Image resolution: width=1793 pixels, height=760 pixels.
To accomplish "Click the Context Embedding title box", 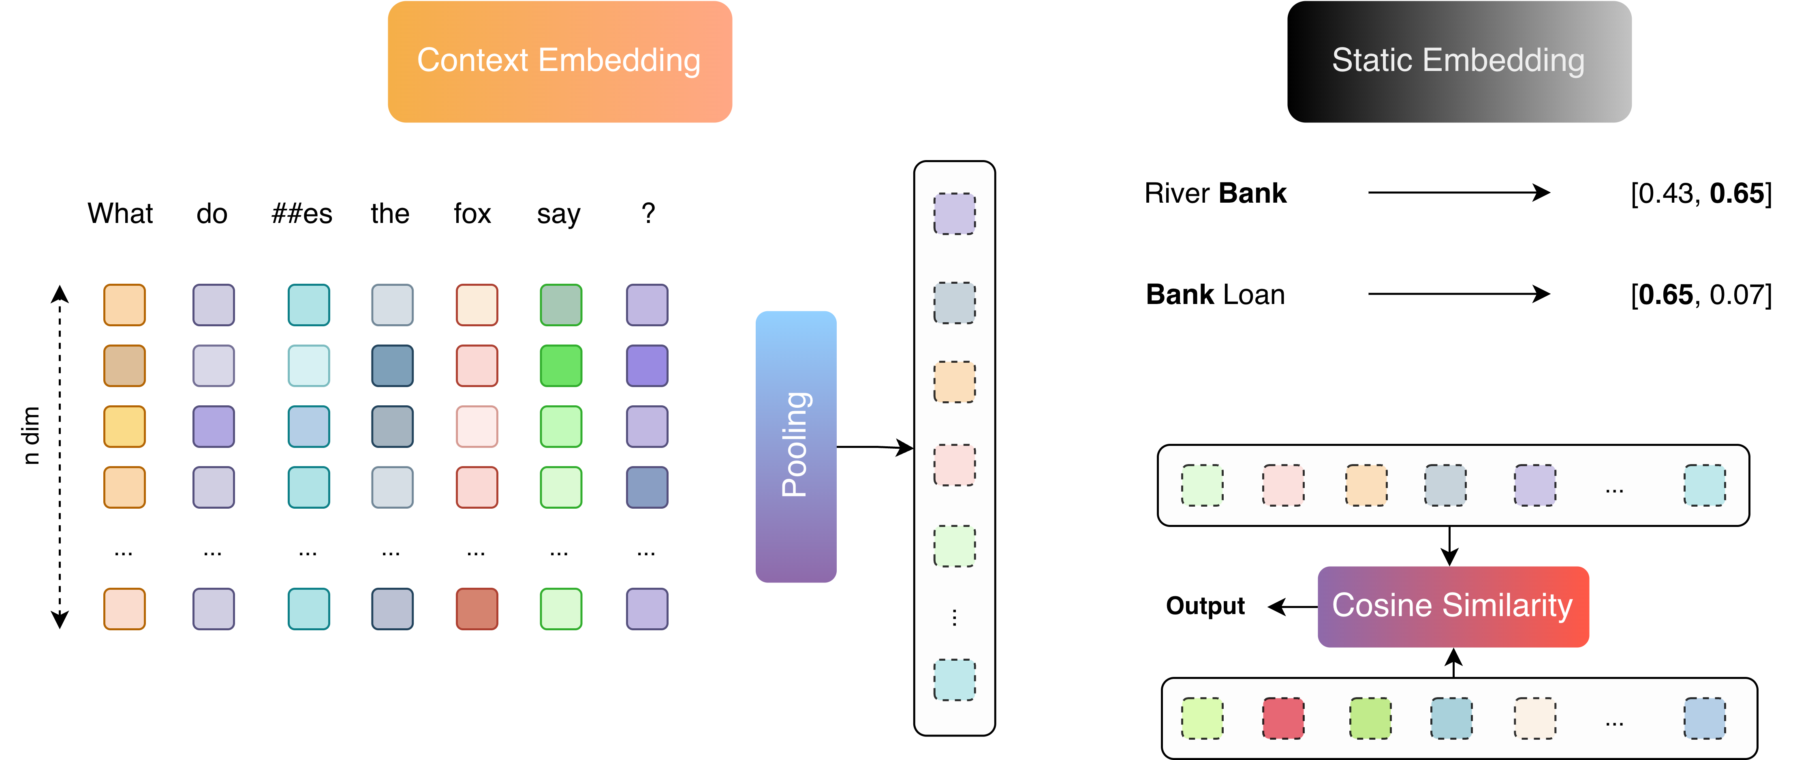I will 560,61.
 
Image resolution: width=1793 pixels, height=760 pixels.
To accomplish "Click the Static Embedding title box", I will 1459,61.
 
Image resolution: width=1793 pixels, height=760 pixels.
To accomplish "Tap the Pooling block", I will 795,446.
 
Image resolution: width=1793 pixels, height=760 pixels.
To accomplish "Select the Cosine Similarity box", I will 1453,606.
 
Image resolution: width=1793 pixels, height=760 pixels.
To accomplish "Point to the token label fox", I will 472,214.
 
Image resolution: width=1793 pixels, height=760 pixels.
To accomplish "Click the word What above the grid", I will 120,214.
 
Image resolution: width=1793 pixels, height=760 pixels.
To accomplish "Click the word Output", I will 1205,606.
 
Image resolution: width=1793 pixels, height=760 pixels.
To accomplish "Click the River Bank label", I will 1215,193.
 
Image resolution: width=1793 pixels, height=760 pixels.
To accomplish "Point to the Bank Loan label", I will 1215,294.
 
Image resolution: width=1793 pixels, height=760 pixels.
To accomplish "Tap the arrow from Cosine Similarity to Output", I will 1293,607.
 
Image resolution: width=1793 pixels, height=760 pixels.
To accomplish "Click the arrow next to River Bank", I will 1459,193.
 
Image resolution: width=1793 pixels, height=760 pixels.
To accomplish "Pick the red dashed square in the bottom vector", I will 1283,718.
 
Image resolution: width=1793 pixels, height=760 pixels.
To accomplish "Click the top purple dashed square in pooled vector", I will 954,214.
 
